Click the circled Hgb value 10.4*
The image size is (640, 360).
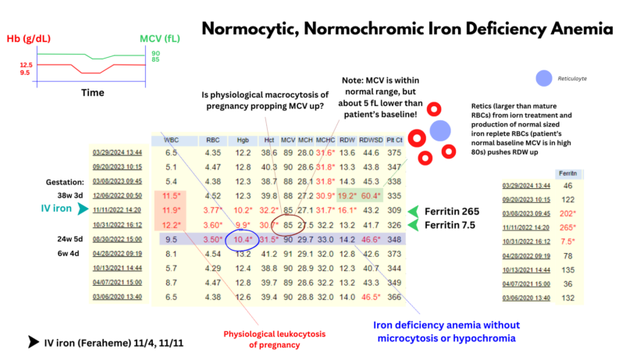pos(243,238)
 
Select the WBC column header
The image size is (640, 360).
pos(171,141)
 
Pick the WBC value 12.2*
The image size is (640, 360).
pos(171,224)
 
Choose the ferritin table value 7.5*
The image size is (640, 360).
pos(567,241)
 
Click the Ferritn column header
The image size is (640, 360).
pos(567,173)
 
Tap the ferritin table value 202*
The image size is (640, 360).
pos(567,213)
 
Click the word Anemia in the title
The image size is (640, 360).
pos(577,29)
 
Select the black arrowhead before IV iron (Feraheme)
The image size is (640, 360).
pos(32,341)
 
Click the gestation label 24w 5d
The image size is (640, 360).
pos(64,238)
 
